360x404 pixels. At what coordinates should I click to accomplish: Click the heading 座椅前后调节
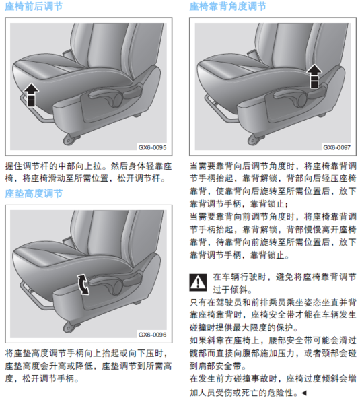34,6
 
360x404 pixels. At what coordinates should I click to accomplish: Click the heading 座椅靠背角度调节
227,6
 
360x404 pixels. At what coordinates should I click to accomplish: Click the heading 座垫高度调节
34,193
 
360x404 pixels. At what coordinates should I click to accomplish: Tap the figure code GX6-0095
152,147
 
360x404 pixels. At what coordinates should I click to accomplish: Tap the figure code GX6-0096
152,335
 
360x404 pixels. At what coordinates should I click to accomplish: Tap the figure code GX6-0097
337,147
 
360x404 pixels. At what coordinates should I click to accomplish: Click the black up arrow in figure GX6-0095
31,94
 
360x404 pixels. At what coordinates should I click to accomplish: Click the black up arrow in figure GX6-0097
314,75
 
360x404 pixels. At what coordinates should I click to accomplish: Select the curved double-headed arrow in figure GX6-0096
83,284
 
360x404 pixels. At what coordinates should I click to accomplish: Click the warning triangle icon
198,282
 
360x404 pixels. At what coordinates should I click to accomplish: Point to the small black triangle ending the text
304,393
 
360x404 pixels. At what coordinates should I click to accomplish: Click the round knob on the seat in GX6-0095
116,100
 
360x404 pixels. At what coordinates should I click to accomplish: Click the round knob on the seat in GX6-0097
301,100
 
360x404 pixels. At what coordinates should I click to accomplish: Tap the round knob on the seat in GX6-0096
116,287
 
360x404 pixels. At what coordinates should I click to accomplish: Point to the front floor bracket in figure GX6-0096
70,326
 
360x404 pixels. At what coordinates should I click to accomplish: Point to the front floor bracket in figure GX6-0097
255,139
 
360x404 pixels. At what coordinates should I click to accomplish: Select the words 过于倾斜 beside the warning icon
230,290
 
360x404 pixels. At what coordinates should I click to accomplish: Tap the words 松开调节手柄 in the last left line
48,378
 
